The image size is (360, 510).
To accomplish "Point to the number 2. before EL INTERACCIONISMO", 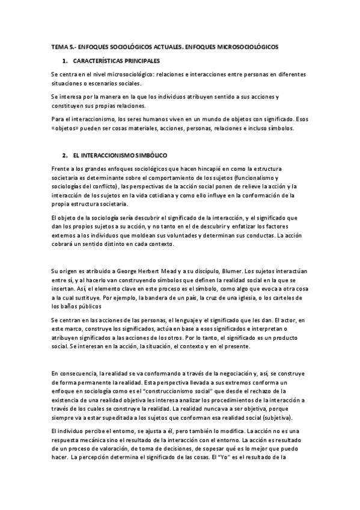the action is (x=65, y=155).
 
